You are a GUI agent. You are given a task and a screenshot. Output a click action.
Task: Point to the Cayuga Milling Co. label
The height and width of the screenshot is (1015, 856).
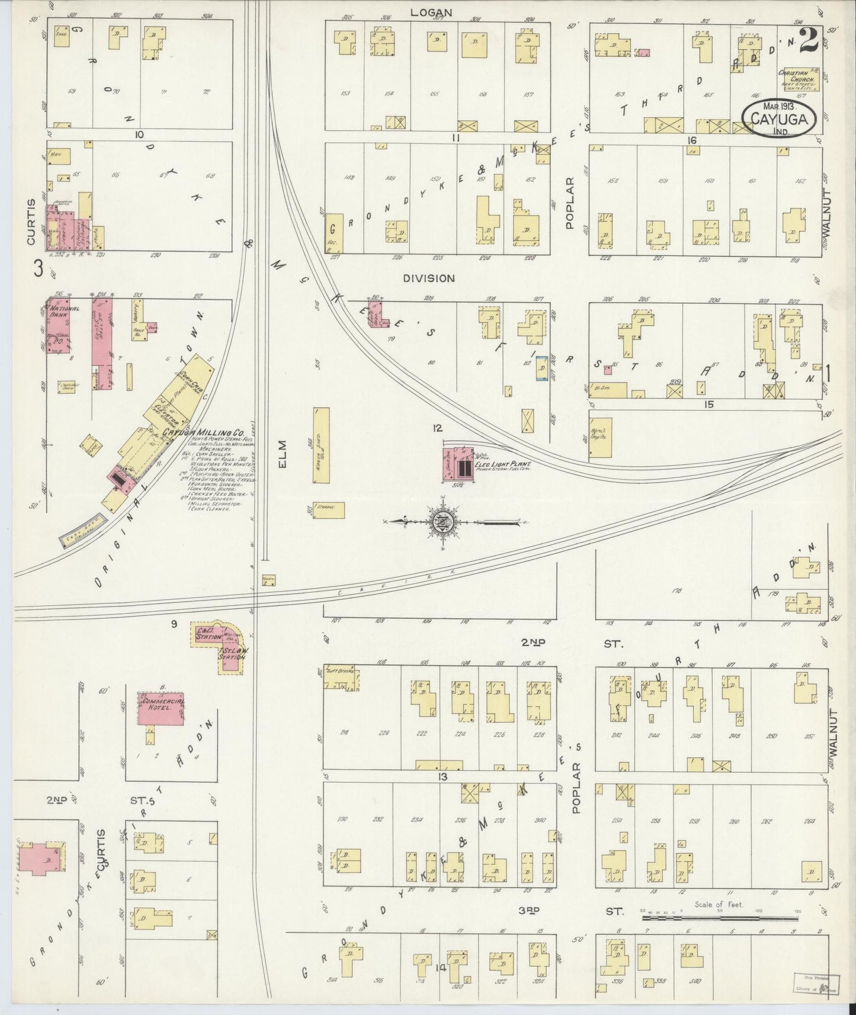(x=196, y=433)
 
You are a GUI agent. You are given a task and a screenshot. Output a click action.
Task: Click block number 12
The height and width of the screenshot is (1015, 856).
(x=437, y=428)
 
